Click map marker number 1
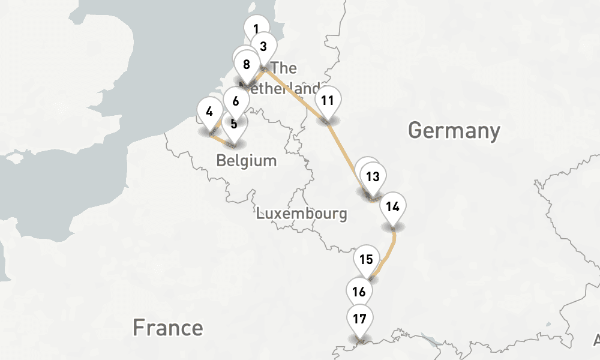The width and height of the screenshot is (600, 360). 256,28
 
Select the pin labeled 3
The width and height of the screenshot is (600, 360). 263,44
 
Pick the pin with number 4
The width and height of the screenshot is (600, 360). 209,111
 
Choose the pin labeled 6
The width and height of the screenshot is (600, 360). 236,101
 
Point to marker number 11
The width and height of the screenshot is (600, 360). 327,100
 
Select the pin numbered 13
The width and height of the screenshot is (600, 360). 373,176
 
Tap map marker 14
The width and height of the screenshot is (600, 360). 393,207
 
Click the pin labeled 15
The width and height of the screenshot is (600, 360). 367,259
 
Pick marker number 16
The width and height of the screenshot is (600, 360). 359,292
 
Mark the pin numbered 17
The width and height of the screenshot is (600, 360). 359,319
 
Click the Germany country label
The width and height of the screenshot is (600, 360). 454,130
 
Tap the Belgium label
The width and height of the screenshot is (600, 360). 247,161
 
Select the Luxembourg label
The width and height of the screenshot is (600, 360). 301,213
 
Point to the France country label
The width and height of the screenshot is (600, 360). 167,328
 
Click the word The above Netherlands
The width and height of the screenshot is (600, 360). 284,68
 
